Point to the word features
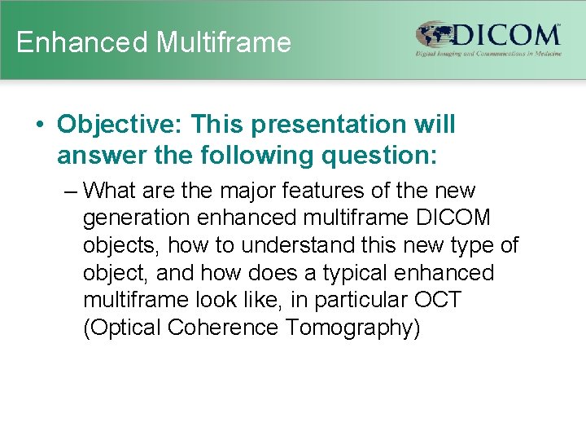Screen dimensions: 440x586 pyautogui.click(x=326, y=191)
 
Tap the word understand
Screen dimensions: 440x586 pyautogui.click(x=298, y=245)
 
